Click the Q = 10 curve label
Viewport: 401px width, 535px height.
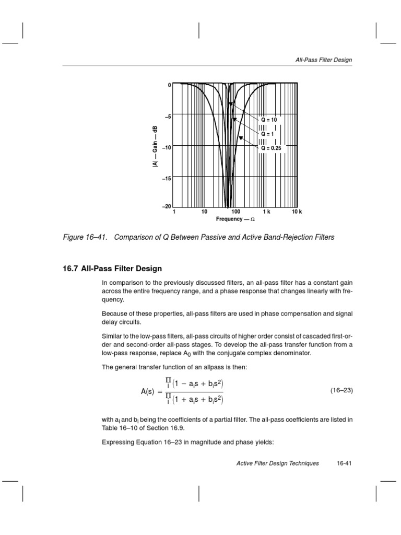click(x=269, y=120)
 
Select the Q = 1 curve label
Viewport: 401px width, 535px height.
click(x=268, y=134)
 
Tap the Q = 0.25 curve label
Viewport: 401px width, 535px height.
click(x=271, y=148)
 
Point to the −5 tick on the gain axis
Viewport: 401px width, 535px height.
click(x=168, y=117)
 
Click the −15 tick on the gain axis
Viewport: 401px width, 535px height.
click(x=167, y=178)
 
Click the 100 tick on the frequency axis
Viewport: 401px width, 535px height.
click(x=235, y=212)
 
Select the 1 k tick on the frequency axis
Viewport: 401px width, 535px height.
click(x=266, y=212)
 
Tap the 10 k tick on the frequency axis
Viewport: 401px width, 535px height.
click(x=297, y=212)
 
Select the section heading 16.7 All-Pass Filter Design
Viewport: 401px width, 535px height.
click(x=112, y=269)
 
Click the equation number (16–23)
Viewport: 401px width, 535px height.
click(x=343, y=390)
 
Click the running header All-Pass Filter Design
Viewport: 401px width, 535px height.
click(x=324, y=60)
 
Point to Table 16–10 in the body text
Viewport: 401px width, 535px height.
click(x=118, y=427)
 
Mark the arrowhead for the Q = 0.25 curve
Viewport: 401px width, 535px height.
click(x=241, y=138)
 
